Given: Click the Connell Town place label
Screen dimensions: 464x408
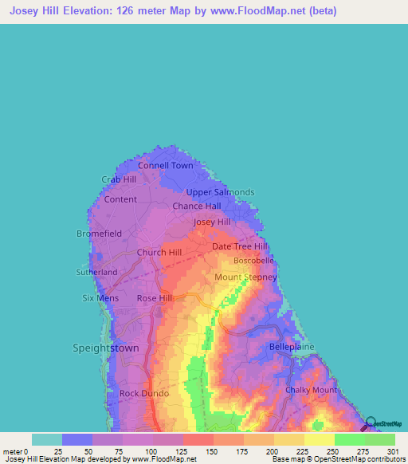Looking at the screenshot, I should click(166, 166).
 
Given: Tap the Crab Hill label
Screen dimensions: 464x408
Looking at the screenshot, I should click(119, 179).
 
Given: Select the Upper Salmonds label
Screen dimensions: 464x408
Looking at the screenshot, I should click(220, 192).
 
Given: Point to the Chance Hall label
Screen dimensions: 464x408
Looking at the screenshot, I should click(197, 206).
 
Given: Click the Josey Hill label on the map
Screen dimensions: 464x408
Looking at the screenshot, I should click(212, 222).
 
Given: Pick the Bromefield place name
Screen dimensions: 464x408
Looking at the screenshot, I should click(99, 234).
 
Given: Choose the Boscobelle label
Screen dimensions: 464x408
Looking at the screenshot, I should click(253, 261).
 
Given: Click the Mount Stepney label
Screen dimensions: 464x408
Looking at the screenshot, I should click(245, 277).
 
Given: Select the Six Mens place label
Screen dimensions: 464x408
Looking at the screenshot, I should click(100, 298).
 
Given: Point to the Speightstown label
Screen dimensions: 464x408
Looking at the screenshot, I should click(106, 348).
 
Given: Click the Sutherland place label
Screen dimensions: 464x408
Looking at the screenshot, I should click(96, 272).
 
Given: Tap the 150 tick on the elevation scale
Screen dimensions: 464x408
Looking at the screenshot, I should click(212, 451).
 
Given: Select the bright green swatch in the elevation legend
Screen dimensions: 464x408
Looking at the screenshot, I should click(350, 439).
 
